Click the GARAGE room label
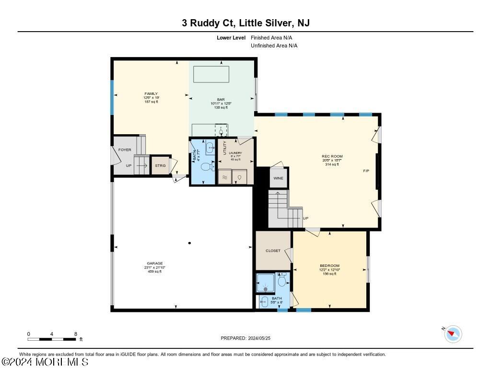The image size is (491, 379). click(155, 263)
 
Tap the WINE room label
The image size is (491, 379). click(278, 178)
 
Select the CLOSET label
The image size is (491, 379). click(273, 251)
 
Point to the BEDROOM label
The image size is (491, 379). click(329, 265)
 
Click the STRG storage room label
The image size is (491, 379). click(160, 165)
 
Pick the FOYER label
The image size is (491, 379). click(125, 150)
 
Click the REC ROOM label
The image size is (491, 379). click(332, 156)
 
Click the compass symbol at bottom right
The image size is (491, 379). click(453, 333)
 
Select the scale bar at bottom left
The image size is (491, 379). click(52, 339)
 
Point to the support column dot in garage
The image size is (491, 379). click(189, 243)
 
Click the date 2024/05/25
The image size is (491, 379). click(262, 338)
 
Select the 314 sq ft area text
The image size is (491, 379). click(332, 164)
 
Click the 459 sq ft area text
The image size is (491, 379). click(155, 272)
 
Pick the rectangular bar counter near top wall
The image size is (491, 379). click(211, 74)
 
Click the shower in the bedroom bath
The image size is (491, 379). click(265, 283)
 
